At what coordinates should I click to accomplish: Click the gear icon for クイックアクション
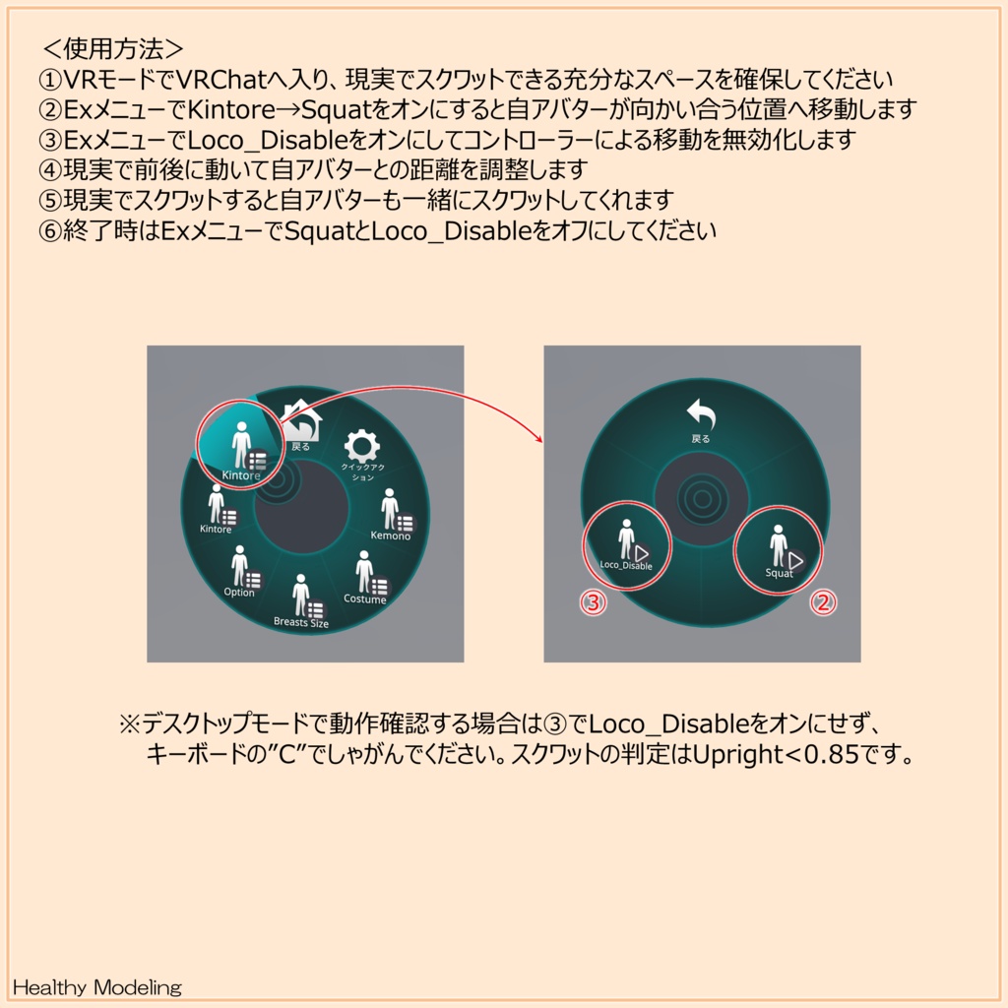(361, 448)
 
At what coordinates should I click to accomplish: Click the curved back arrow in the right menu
(701, 415)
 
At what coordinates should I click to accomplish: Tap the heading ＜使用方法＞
(113, 47)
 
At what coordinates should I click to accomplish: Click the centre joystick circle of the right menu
(702, 499)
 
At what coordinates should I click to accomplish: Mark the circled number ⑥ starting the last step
(49, 232)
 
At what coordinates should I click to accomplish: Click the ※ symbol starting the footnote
(131, 725)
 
